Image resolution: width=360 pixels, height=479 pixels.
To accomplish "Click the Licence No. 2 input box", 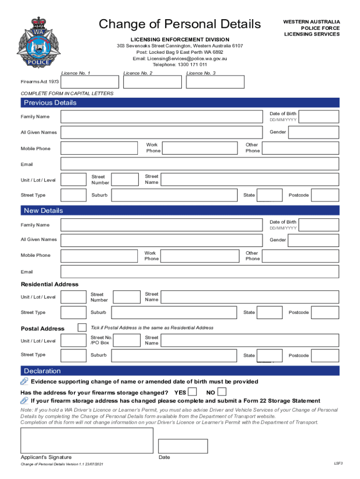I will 152,82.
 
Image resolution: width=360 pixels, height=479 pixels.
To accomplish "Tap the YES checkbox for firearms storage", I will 192,392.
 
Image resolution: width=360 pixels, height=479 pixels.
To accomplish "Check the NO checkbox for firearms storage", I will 222,392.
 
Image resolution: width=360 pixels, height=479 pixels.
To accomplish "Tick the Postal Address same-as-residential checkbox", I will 82,327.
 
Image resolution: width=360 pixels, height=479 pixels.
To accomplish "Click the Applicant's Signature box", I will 86,440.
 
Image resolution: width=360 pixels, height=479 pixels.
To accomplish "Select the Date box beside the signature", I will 183,446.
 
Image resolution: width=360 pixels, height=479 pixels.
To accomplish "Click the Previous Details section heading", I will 50,103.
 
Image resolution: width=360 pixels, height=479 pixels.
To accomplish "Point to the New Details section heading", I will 43,210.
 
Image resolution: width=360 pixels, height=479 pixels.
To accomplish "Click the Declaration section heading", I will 43,371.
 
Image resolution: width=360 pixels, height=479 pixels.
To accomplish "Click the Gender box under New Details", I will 313,240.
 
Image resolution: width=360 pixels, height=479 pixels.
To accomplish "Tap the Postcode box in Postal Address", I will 325,356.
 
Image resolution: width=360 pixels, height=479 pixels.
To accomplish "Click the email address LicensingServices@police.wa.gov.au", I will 180,59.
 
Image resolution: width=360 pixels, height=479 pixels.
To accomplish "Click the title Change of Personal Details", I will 180,24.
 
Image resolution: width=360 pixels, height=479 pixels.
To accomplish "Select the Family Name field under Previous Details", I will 161,117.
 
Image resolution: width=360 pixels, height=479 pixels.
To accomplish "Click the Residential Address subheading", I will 50,284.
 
